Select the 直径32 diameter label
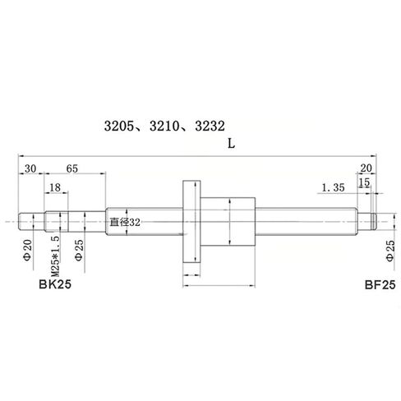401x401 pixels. [x=126, y=221]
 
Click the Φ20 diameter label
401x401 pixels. [x=27, y=247]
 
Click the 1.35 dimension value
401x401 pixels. [x=333, y=187]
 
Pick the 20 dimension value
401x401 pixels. [x=366, y=168]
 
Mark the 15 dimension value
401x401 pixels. [x=364, y=182]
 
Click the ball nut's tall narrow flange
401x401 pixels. [x=191, y=220]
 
